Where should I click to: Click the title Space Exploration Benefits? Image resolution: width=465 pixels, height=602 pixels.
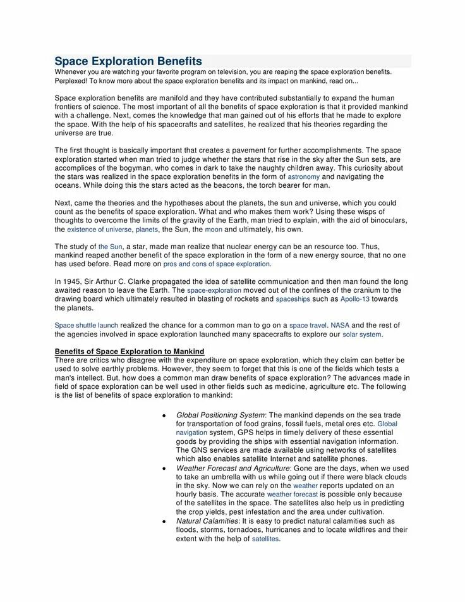(x=128, y=61)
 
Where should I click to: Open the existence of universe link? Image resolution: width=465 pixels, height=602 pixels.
(x=99, y=230)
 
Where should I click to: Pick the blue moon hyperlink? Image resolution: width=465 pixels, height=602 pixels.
(x=214, y=230)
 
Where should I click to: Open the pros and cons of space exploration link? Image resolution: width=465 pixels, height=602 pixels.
(x=216, y=264)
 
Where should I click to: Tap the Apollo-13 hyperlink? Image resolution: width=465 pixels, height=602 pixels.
(x=355, y=299)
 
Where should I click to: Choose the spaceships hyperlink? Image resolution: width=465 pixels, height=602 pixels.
(x=293, y=299)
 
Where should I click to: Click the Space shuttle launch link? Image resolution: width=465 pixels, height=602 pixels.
(x=87, y=326)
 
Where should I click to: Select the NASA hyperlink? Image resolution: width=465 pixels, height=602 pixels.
(x=340, y=326)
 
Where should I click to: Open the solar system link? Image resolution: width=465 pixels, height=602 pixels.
(x=362, y=335)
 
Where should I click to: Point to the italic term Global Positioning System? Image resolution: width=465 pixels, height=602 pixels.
(x=220, y=415)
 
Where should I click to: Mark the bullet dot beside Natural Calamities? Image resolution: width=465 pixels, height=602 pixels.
(x=164, y=521)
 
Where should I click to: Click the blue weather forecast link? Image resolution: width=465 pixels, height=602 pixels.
(x=292, y=494)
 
